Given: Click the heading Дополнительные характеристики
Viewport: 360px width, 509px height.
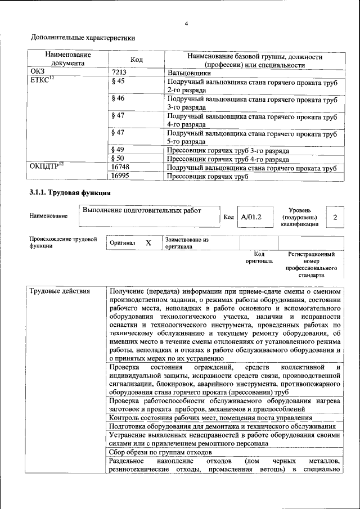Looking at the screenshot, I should coord(83,38).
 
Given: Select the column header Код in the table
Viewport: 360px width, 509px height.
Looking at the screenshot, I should coord(136,60).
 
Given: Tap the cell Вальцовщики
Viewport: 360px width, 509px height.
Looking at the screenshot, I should coord(189,73).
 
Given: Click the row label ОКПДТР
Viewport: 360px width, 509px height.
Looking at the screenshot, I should coord(46,168).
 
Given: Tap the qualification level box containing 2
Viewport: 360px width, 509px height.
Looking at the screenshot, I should coord(335,217).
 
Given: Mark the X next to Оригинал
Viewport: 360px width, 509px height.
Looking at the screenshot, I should coord(148,243).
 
